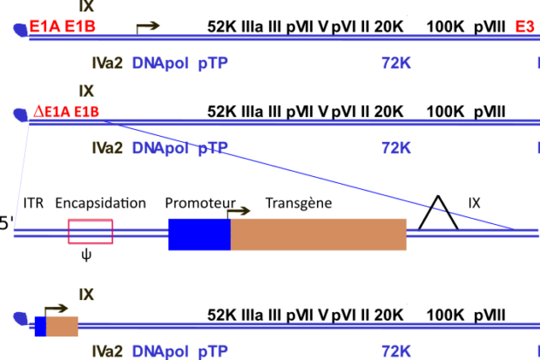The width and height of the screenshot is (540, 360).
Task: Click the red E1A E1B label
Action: [62, 26]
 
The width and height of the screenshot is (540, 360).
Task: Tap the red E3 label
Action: [525, 26]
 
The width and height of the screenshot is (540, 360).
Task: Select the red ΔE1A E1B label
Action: [66, 112]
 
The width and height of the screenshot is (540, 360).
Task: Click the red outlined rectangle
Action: [91, 231]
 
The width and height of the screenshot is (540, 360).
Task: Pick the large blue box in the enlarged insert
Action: [199, 234]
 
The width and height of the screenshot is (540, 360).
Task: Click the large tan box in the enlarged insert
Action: [319, 234]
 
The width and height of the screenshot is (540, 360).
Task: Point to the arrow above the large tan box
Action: [239, 211]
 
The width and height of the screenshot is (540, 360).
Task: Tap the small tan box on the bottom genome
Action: [62, 326]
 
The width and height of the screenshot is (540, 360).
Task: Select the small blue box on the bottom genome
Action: [40, 326]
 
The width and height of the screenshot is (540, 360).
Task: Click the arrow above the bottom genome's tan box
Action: [57, 309]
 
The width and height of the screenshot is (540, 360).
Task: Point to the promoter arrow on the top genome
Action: [148, 26]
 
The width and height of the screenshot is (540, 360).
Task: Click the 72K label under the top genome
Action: [395, 63]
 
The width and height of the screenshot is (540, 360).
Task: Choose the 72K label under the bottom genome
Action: [395, 351]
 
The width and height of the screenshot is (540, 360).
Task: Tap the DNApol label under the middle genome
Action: [160, 148]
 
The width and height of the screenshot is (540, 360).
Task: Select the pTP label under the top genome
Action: [213, 63]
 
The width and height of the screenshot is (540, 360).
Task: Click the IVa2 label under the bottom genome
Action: [108, 351]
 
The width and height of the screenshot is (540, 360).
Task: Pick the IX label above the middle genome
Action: [86, 91]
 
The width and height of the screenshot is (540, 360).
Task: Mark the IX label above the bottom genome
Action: [86, 295]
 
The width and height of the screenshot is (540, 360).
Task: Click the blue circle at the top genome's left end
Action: [19, 29]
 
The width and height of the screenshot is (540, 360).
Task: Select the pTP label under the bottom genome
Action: [213, 351]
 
